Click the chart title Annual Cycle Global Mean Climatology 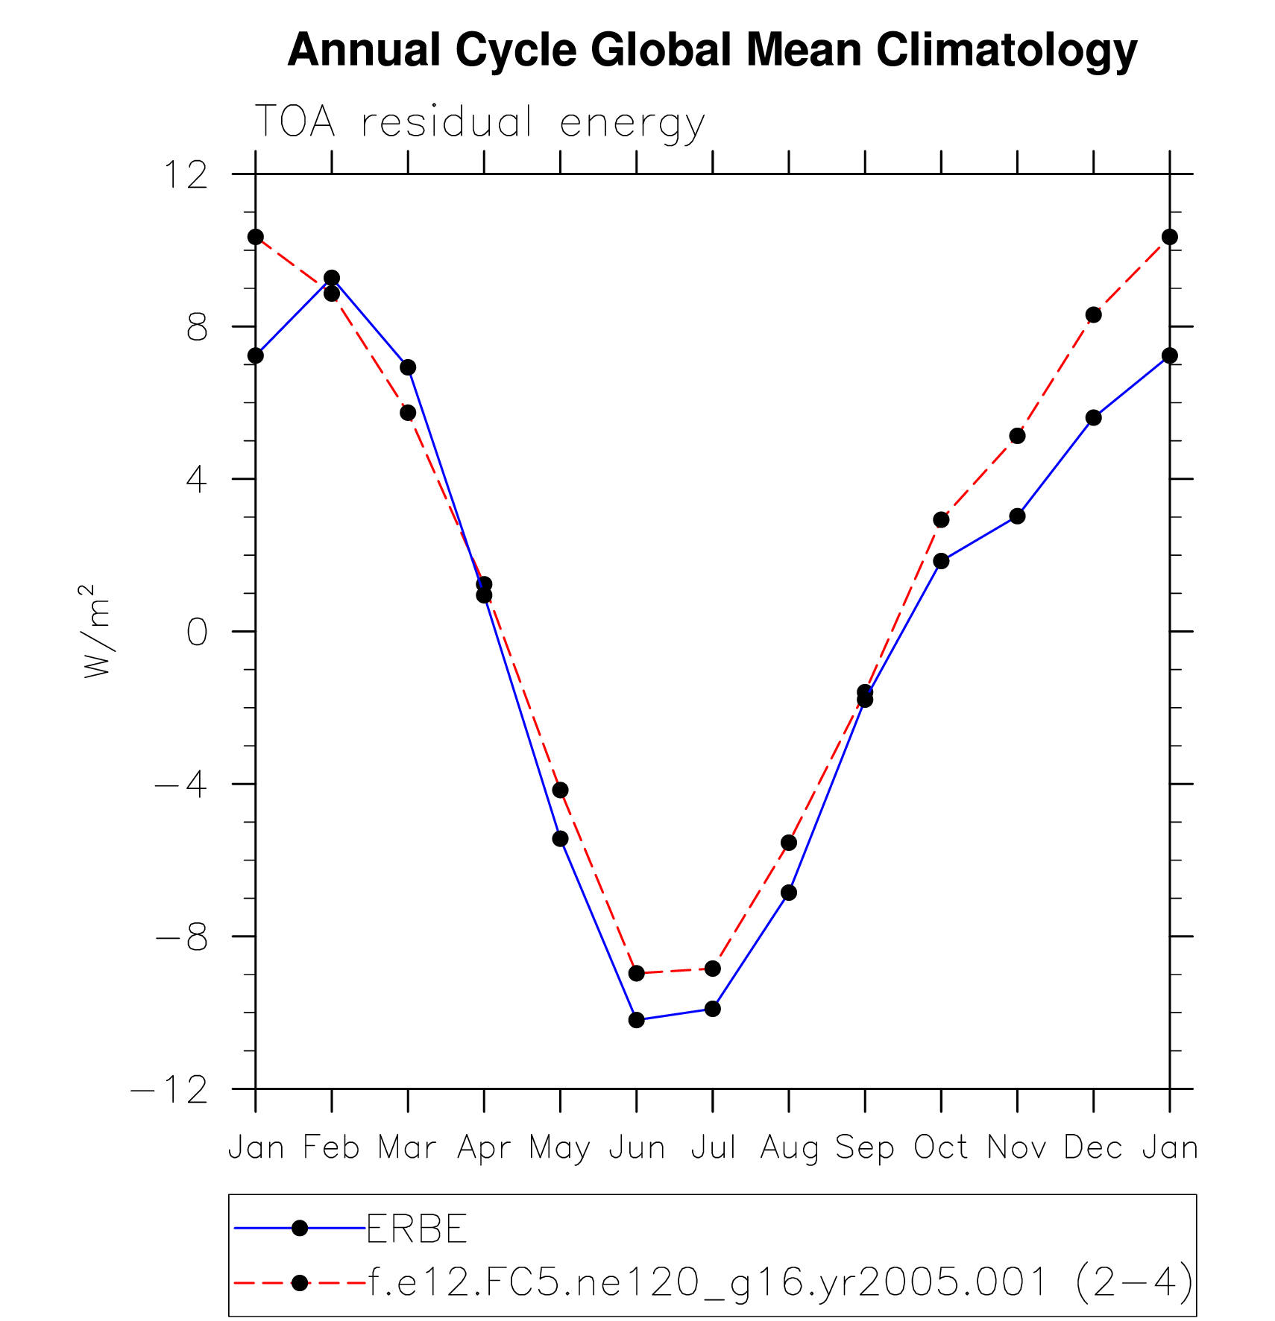(712, 51)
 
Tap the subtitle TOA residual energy (479, 122)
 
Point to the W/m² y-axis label (97, 630)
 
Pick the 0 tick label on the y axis (197, 632)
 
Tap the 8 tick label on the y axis (197, 327)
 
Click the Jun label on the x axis (637, 1148)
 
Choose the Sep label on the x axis (865, 1148)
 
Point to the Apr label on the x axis (484, 1148)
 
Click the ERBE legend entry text (417, 1229)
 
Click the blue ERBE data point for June (636, 1020)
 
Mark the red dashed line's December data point (1093, 315)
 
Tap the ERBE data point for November (1017, 516)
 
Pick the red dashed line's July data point (713, 969)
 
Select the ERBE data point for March (408, 367)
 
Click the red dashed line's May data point (560, 790)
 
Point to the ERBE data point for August (789, 893)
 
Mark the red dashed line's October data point (941, 519)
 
